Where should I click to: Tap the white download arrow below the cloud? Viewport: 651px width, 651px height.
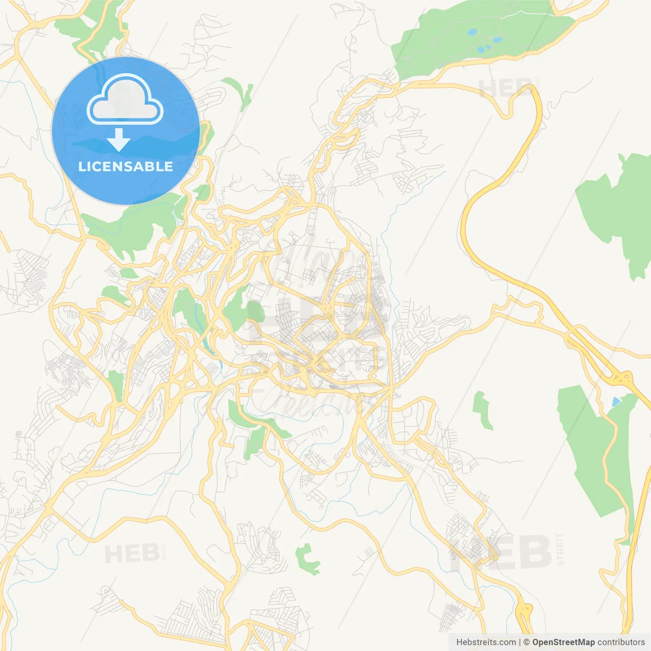pos(119,140)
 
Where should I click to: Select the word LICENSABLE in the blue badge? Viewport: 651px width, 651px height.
pos(126,166)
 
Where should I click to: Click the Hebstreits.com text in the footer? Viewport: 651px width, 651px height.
pos(486,642)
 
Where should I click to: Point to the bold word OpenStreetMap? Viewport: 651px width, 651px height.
pos(563,642)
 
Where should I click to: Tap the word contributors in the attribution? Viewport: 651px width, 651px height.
pos(621,642)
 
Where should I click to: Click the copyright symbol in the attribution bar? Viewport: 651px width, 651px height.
pos(526,642)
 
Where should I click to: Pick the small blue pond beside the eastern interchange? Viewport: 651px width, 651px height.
pos(616,402)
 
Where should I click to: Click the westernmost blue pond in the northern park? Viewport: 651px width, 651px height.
pos(472,32)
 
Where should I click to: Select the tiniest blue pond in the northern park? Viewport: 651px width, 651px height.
pos(488,47)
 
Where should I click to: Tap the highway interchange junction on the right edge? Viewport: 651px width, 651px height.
pos(622,379)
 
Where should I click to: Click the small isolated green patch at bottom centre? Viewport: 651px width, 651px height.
pos(306,558)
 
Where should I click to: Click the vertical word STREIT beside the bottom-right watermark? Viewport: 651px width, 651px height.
pos(560,549)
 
